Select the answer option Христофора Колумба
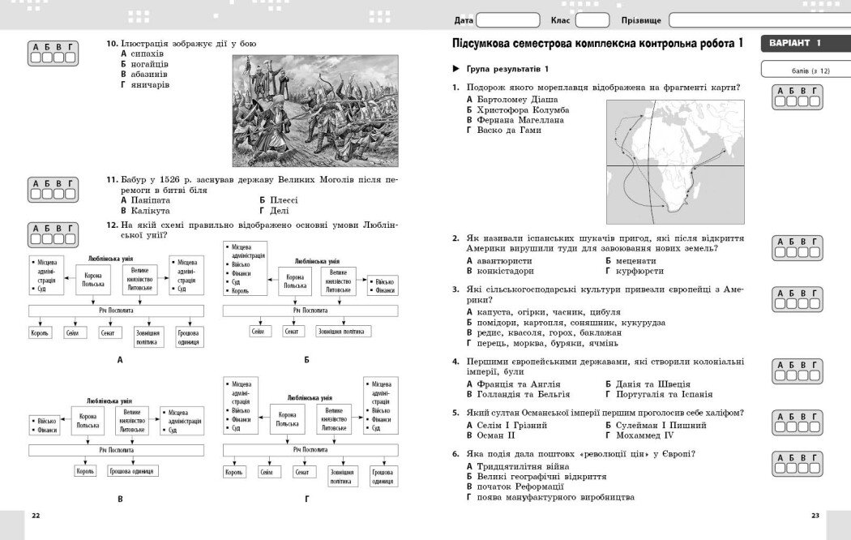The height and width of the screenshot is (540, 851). click(x=522, y=109)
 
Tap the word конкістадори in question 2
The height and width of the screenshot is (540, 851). click(x=504, y=271)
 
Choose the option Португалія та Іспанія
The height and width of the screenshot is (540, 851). click(x=655, y=394)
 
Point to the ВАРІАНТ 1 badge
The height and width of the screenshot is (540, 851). click(x=796, y=43)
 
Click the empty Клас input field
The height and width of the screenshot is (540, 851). click(x=592, y=19)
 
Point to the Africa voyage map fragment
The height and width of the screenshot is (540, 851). click(x=675, y=162)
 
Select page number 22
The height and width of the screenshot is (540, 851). click(x=35, y=516)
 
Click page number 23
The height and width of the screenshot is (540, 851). click(x=815, y=516)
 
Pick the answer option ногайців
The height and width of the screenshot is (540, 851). click(x=149, y=63)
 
